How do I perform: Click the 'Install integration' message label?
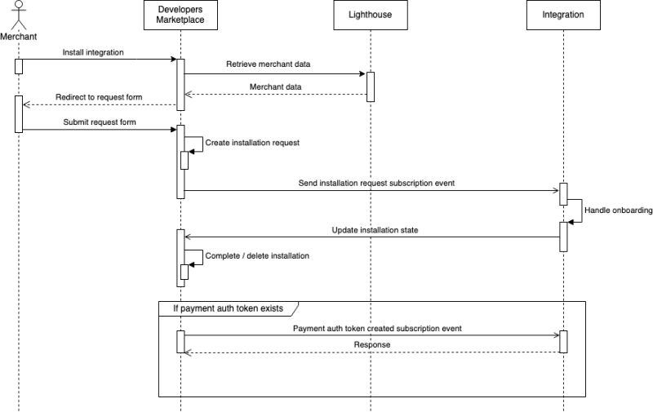click(x=93, y=53)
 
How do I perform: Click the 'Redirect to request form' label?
click(x=99, y=97)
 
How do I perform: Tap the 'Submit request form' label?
click(x=100, y=122)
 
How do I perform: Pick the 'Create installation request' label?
click(x=252, y=142)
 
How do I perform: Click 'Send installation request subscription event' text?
click(x=376, y=184)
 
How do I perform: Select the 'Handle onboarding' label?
click(x=618, y=210)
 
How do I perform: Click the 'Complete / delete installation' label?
click(x=257, y=255)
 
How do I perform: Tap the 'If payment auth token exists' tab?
click(x=226, y=308)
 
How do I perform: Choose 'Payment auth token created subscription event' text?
click(x=377, y=328)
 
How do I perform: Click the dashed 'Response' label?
click(x=371, y=345)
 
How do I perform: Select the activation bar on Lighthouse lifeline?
click(x=370, y=86)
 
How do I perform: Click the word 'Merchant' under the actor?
click(x=19, y=36)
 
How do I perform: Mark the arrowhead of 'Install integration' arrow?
click(x=174, y=59)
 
